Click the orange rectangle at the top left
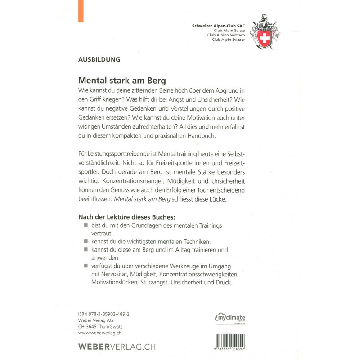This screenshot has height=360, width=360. (x=81, y=11)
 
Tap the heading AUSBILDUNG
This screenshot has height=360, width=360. (x=99, y=59)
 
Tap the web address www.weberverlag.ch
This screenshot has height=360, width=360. (x=100, y=333)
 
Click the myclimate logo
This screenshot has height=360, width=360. (x=230, y=318)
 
